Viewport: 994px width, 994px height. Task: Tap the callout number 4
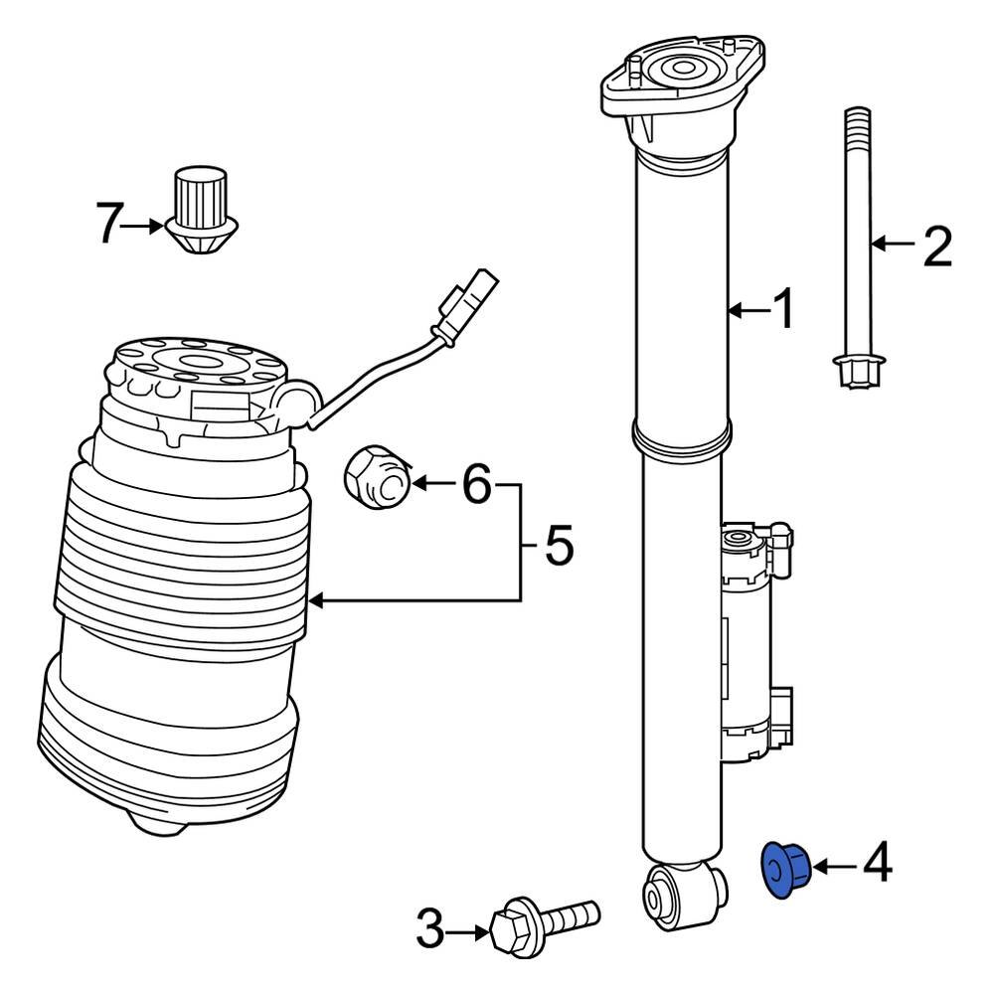click(877, 864)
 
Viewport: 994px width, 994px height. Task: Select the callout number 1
click(784, 310)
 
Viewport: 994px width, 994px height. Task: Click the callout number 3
click(429, 931)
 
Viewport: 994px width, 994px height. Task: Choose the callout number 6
click(476, 486)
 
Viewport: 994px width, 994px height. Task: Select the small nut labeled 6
click(377, 478)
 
